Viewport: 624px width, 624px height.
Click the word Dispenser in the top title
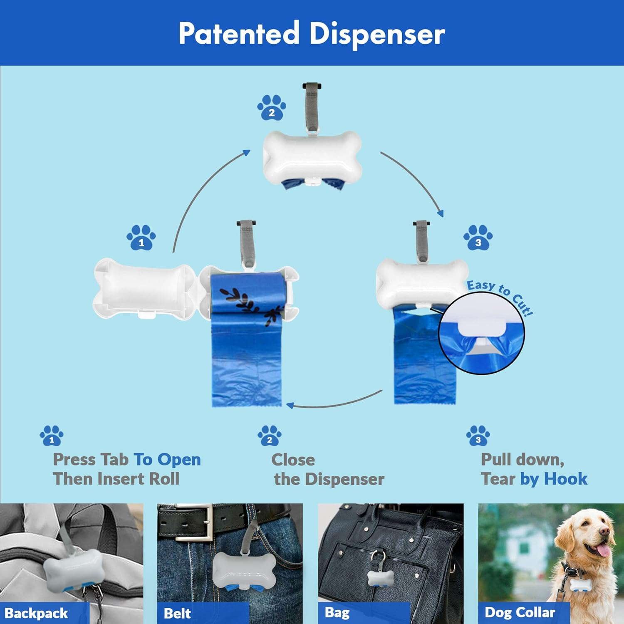[x=377, y=34]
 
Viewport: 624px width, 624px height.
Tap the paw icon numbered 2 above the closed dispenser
[x=272, y=108]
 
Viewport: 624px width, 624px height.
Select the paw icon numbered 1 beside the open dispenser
[x=141, y=238]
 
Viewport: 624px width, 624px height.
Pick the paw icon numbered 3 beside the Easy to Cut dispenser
[x=478, y=238]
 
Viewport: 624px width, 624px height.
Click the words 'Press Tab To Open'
[x=126, y=460]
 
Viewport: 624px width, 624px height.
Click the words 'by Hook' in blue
[x=553, y=479]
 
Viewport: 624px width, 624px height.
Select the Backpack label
[x=37, y=613]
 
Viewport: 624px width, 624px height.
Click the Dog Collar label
[x=520, y=612]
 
